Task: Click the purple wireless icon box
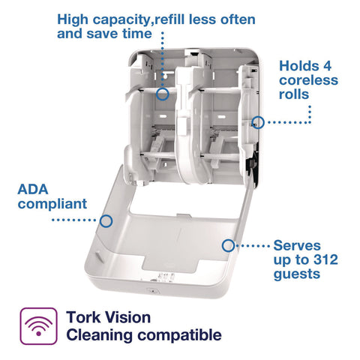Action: tap(38, 326)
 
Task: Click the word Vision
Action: tap(127, 317)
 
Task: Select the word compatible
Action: tap(179, 335)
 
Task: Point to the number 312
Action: tap(325, 259)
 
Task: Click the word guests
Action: tap(297, 274)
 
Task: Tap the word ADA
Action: tap(33, 190)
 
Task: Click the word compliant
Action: tap(52, 204)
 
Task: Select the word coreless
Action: tap(308, 80)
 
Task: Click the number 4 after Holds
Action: tap(327, 66)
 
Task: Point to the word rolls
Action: tap(294, 94)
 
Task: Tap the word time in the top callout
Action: tap(137, 34)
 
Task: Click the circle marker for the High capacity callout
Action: tap(163, 94)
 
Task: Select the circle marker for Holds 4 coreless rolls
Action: tap(258, 122)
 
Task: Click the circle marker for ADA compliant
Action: tap(106, 221)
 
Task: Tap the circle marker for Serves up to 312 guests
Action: tap(228, 245)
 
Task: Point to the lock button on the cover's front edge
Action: tap(151, 290)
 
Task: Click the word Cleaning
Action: tap(99, 335)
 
